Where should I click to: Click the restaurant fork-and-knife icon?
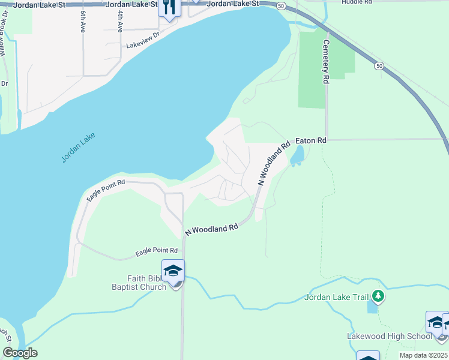[169, 7]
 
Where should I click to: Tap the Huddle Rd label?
[357, 2]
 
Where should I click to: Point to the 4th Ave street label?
[120, 21]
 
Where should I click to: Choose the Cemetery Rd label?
[327, 61]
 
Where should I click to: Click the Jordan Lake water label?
[78, 148]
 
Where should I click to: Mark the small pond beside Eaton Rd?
[297, 155]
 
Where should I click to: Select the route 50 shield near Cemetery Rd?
[379, 65]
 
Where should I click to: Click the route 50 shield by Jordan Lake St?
[282, 5]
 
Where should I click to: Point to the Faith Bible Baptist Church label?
[138, 283]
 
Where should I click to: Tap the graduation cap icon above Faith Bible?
[173, 271]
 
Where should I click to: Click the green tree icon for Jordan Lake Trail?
[378, 296]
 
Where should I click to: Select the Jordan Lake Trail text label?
[336, 296]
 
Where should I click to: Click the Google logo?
[20, 353]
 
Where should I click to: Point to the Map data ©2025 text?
[423, 355]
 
